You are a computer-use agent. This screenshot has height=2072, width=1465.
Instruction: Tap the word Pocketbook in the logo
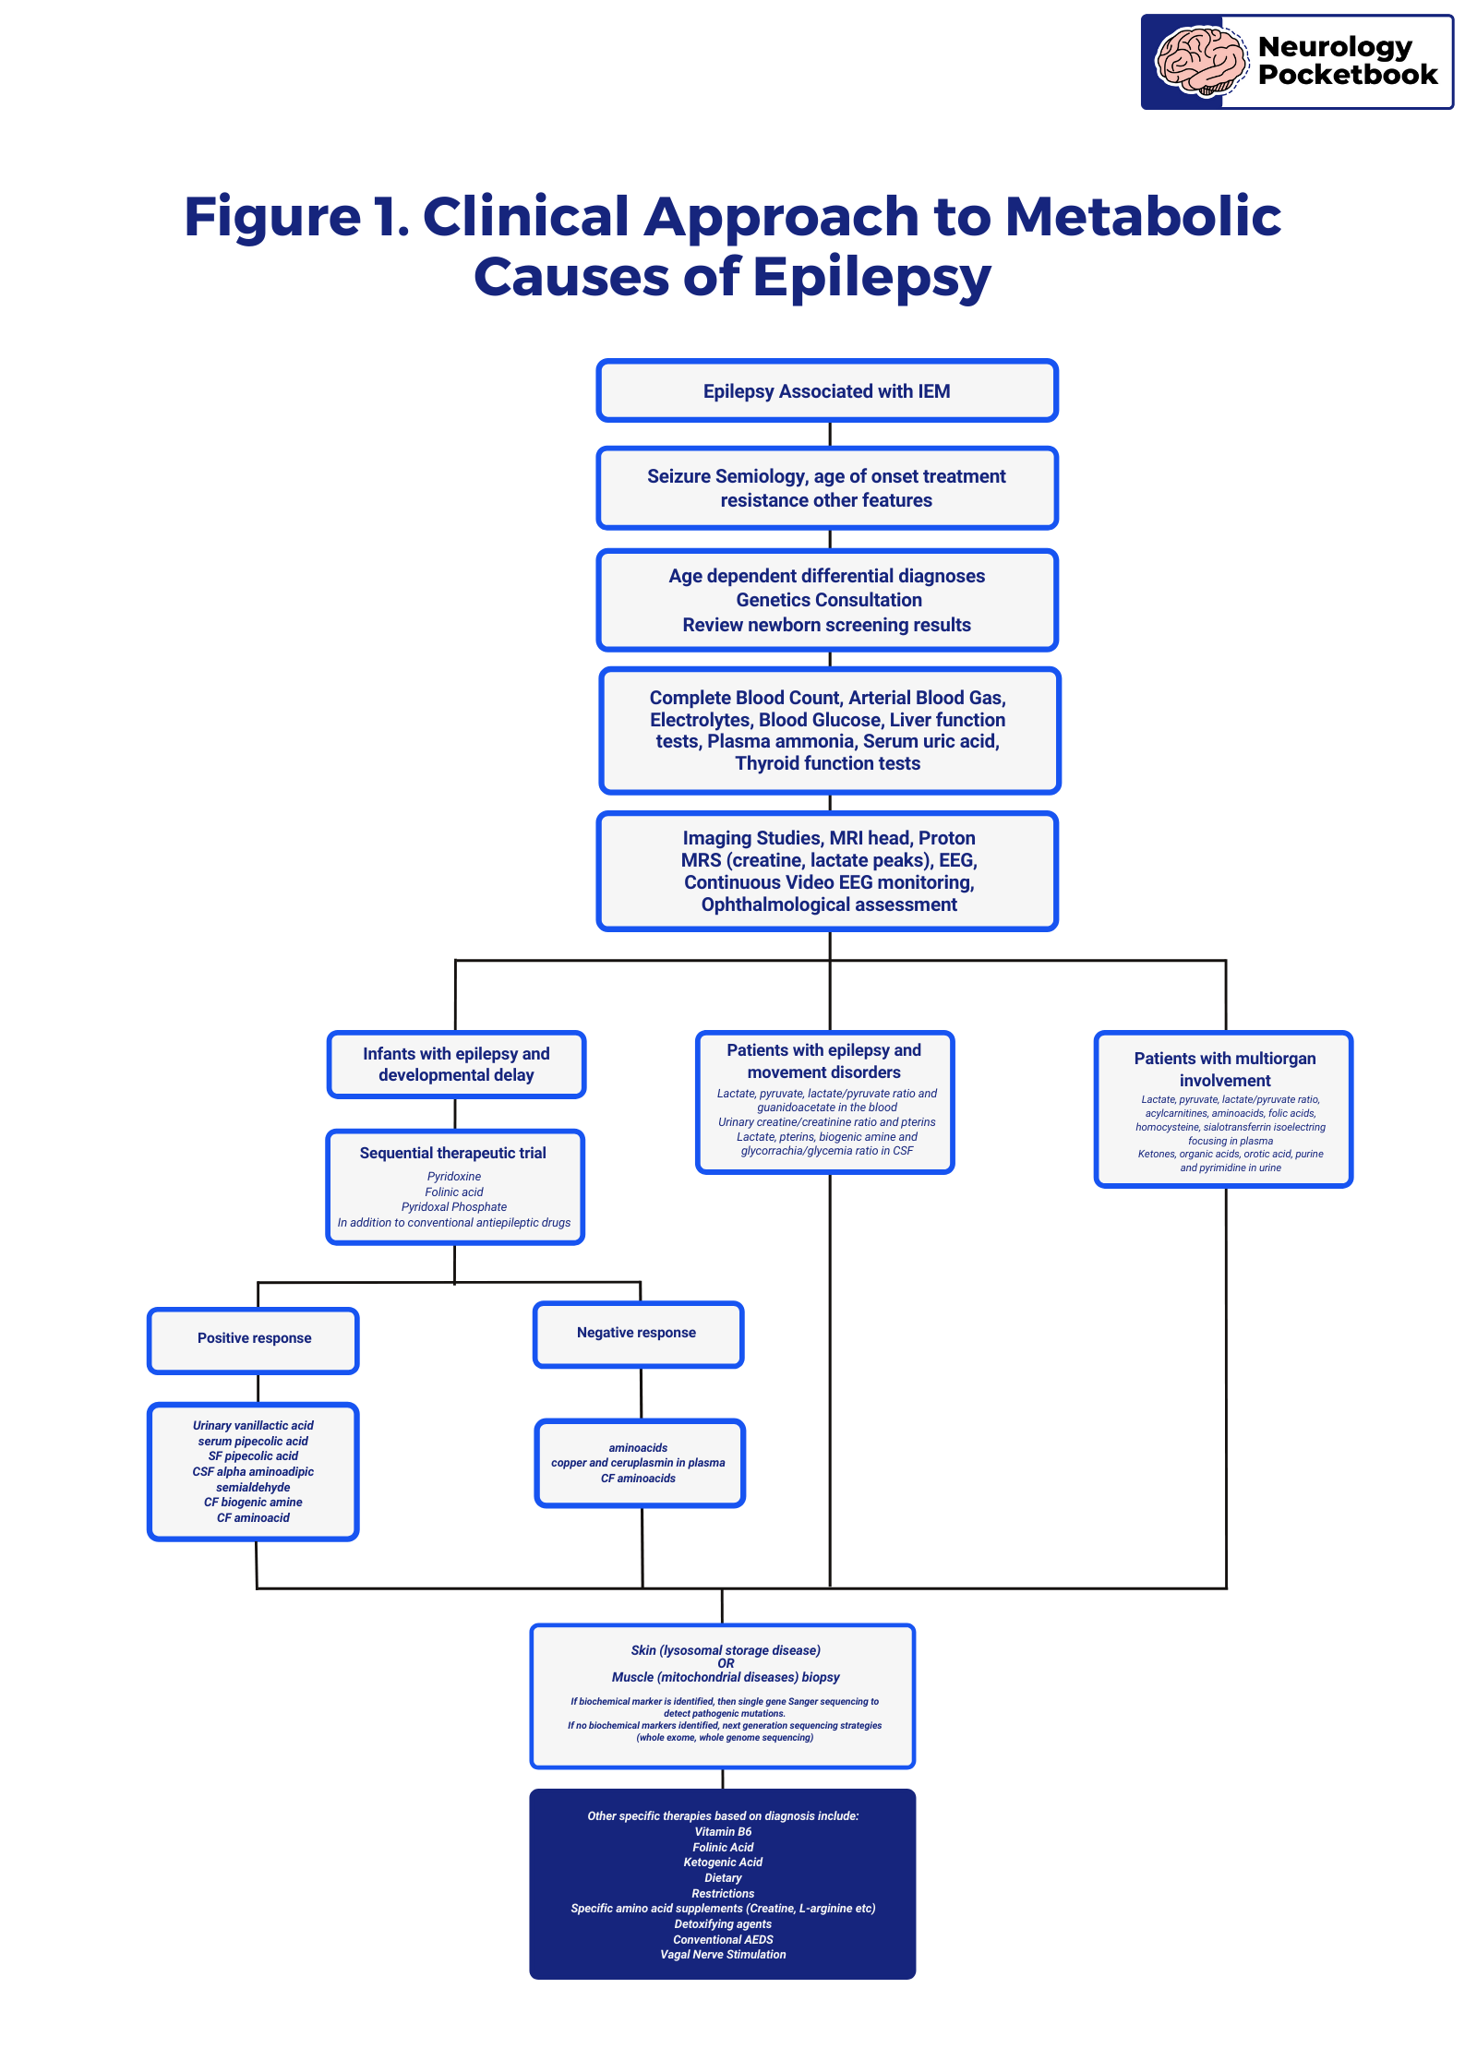pyautogui.click(x=1348, y=75)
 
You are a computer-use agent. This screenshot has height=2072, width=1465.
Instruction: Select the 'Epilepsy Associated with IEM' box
pyautogui.click(x=827, y=390)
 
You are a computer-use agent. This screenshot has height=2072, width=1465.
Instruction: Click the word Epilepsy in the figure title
pyautogui.click(x=872, y=277)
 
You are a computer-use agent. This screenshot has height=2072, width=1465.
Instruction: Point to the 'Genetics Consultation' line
pyautogui.click(x=829, y=600)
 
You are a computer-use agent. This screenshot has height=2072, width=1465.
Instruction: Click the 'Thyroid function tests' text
pyautogui.click(x=828, y=763)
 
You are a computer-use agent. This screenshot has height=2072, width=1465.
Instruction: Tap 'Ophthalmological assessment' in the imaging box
pyautogui.click(x=829, y=904)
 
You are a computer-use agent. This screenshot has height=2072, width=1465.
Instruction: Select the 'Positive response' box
pyautogui.click(x=253, y=1340)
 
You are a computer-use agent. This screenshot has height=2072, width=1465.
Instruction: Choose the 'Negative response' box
pyautogui.click(x=638, y=1335)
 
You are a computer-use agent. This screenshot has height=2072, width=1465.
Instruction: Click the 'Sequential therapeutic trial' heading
pyautogui.click(x=453, y=1153)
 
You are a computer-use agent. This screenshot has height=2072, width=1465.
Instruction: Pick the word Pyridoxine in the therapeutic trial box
pyautogui.click(x=454, y=1177)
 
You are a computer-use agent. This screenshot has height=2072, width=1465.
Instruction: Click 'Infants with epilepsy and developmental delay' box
pyautogui.click(x=456, y=1064)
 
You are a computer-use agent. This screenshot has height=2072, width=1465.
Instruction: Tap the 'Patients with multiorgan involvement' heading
pyautogui.click(x=1225, y=1069)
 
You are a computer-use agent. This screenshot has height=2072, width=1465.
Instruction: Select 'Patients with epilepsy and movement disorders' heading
pyautogui.click(x=824, y=1060)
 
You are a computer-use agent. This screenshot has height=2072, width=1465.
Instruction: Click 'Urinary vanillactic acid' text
pyautogui.click(x=253, y=1426)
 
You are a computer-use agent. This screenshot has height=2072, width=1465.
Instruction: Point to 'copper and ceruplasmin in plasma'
pyautogui.click(x=638, y=1463)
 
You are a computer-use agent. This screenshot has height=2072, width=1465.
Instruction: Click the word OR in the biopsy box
pyautogui.click(x=726, y=1663)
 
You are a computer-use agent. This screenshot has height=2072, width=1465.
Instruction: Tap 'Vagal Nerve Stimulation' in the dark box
pyautogui.click(x=723, y=1954)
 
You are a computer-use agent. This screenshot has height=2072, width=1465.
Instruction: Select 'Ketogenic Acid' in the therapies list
pyautogui.click(x=723, y=1862)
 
